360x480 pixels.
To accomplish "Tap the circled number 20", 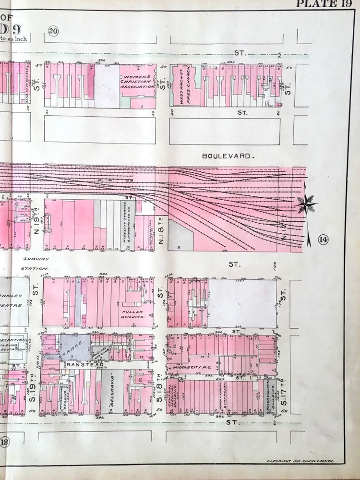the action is [53, 32].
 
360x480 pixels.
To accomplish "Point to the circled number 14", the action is [322, 240].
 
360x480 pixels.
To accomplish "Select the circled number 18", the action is [5, 443].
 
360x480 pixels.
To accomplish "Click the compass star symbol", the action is [306, 205].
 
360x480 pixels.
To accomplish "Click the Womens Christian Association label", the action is [138, 81].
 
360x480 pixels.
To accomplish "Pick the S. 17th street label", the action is [284, 396].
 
